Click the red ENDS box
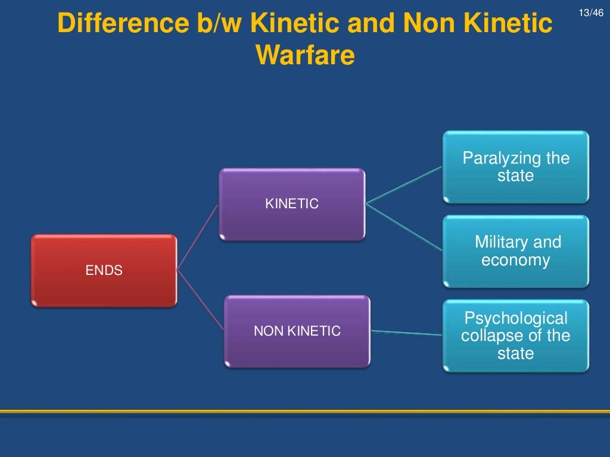104,270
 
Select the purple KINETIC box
291,204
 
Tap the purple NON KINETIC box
297,331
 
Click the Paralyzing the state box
515,167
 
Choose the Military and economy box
515,251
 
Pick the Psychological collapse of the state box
515,336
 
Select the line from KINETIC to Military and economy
405,225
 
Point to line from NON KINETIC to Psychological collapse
406,332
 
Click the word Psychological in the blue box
516,318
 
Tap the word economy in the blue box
515,261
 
